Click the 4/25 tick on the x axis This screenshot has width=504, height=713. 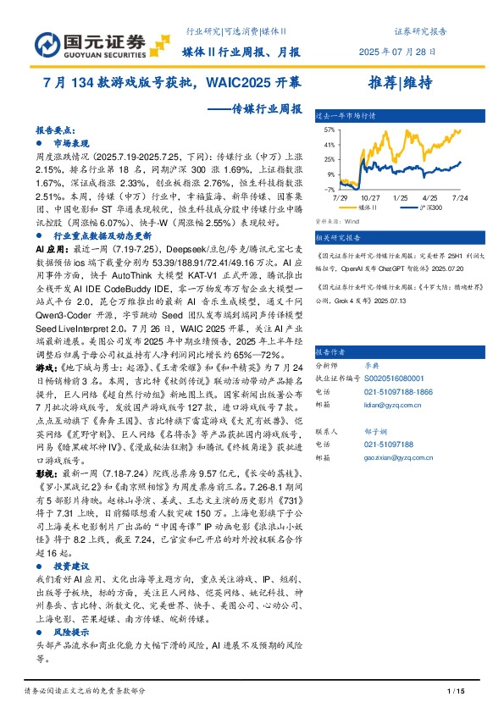point(430,196)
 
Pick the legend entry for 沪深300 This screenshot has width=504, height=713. point(413,206)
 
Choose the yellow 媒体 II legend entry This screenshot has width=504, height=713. point(359,206)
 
